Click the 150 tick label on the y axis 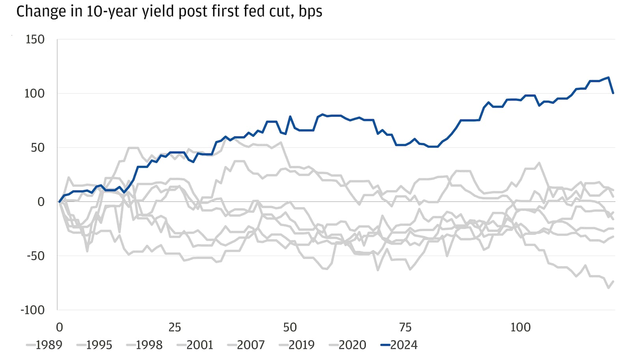[35, 39]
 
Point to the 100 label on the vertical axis [35, 93]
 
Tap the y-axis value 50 [38, 148]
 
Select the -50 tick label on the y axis [35, 256]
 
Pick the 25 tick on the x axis [175, 327]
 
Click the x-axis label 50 [290, 327]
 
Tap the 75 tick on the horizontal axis [405, 327]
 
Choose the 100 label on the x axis [520, 327]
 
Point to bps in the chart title [310, 11]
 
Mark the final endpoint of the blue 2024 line [613, 93]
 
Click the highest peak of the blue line [609, 77]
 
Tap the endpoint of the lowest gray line [613, 282]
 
